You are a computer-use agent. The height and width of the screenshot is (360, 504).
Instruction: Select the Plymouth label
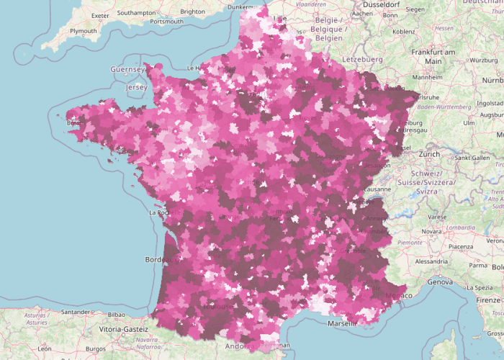[83, 31]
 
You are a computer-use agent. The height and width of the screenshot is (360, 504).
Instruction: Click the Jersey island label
[137, 87]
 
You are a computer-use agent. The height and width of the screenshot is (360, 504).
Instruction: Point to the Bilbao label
[115, 315]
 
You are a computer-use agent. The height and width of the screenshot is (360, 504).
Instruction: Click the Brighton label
[192, 12]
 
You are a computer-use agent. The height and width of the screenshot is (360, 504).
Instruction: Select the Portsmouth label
[166, 21]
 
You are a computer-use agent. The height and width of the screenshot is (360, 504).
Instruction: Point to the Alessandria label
[431, 261]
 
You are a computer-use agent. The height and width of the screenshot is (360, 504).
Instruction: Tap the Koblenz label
[404, 31]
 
